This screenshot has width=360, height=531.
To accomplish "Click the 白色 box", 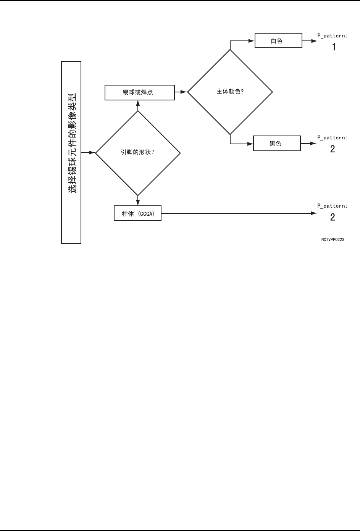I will (x=278, y=41).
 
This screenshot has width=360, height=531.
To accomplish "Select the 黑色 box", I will (x=277, y=144).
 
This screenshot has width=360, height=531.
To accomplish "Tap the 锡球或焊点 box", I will (x=139, y=92).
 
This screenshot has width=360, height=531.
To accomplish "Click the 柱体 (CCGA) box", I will (x=137, y=213).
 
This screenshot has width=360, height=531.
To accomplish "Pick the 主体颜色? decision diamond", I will (x=230, y=92).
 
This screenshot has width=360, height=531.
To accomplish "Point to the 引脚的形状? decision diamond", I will (x=137, y=153).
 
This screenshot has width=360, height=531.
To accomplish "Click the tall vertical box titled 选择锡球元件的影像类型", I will (x=71, y=152).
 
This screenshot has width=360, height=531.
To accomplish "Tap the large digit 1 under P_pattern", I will (x=334, y=47).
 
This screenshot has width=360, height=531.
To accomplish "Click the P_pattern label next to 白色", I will (x=332, y=36).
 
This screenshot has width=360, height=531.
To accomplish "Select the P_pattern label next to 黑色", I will (x=332, y=137).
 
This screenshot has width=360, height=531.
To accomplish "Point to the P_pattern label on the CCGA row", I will (x=332, y=206).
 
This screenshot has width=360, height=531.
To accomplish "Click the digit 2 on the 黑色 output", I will (x=333, y=149).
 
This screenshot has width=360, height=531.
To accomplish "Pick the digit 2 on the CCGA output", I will (x=333, y=217).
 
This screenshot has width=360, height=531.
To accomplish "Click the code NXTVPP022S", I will (x=333, y=240).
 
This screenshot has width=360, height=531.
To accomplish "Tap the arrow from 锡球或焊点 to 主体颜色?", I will (x=181, y=92).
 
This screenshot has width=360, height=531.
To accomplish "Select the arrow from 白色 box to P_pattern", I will (x=310, y=41).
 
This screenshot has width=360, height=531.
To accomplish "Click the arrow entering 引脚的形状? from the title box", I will (x=88, y=153).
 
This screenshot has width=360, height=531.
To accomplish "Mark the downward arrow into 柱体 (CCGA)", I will (x=137, y=201).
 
